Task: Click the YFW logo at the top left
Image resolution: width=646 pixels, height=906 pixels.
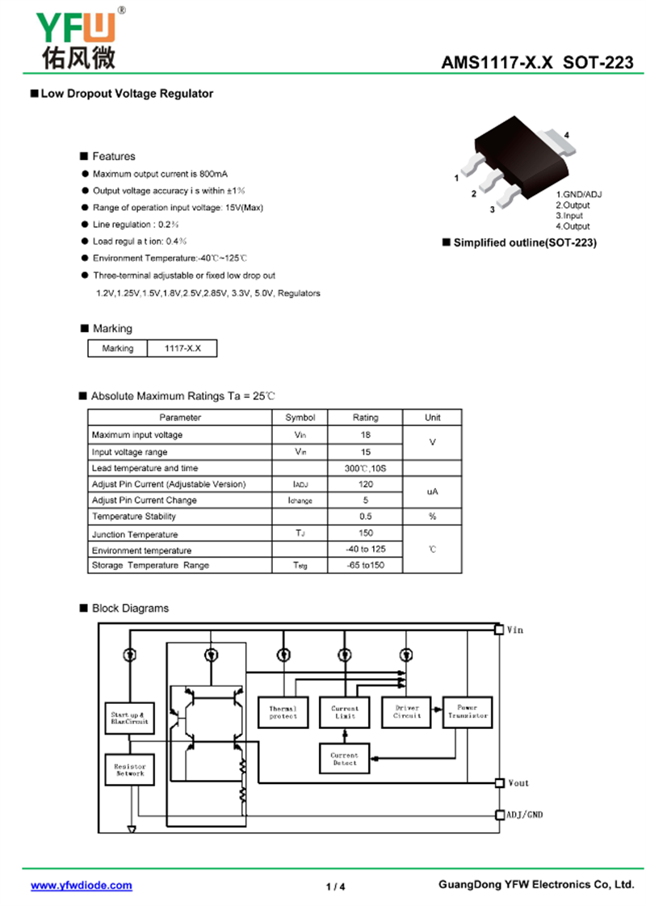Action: [77, 38]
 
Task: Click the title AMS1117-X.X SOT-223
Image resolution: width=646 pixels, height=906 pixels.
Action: [537, 62]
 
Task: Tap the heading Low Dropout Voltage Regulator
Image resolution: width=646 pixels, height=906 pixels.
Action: [127, 94]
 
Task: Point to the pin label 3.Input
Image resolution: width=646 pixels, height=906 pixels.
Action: [569, 216]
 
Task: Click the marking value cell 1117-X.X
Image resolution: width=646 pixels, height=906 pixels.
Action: [182, 348]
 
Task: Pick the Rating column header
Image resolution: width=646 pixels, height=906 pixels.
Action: [365, 418]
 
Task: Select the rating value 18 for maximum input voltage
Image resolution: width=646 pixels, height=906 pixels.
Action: [365, 435]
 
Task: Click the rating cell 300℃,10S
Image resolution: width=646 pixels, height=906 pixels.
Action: [365, 468]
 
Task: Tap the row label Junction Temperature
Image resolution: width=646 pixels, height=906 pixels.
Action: [135, 534]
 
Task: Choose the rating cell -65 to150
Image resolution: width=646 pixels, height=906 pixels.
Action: [365, 565]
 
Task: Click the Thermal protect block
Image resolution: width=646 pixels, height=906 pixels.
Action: [283, 712]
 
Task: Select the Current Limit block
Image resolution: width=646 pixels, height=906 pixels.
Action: [345, 712]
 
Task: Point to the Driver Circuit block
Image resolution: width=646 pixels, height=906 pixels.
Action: [407, 712]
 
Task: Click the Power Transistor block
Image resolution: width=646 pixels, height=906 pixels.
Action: [468, 712]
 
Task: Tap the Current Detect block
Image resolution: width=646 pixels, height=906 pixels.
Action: [345, 759]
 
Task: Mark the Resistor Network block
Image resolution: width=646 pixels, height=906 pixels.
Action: [130, 769]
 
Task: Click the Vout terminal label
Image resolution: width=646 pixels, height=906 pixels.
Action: [518, 783]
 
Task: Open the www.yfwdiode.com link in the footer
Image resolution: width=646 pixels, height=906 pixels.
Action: [82, 886]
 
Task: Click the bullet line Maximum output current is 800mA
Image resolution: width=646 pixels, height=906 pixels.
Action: [160, 174]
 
